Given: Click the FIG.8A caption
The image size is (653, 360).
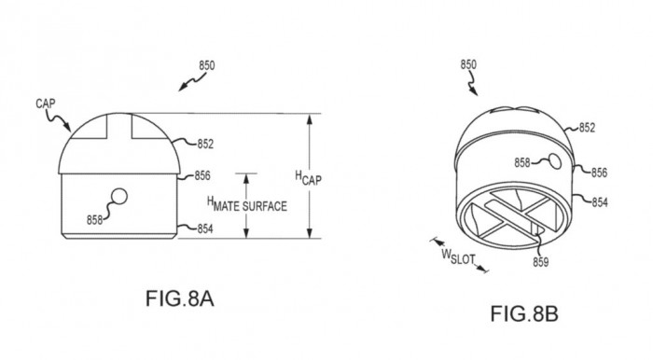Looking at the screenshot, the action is click(x=179, y=298).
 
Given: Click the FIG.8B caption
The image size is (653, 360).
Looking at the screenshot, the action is click(x=524, y=313).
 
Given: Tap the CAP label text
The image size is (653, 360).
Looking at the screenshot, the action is click(x=46, y=104).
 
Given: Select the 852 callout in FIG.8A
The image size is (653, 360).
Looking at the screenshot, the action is click(x=205, y=144).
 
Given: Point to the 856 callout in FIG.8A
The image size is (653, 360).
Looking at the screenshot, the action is click(x=202, y=175).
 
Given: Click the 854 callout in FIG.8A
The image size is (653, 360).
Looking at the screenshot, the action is click(x=205, y=228).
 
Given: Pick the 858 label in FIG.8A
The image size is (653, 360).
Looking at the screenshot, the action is click(x=94, y=220).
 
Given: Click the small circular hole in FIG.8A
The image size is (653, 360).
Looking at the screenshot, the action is click(x=119, y=197).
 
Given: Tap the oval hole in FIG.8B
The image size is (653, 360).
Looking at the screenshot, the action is click(x=554, y=161).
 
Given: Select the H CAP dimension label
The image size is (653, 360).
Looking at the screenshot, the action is click(x=308, y=178).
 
